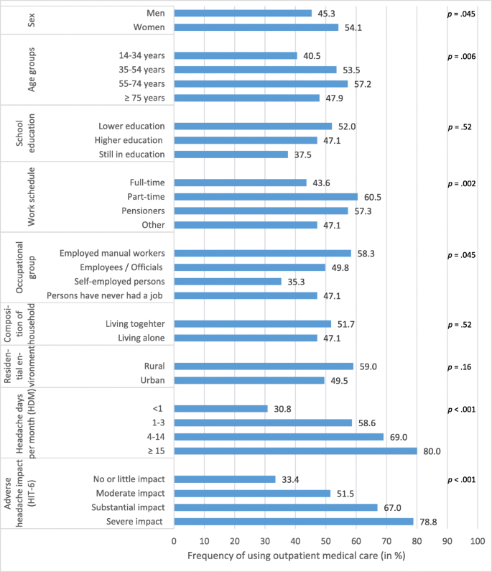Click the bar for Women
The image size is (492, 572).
tap(256, 27)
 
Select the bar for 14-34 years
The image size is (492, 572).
tap(235, 55)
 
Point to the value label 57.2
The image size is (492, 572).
tap(361, 83)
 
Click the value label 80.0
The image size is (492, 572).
tap(431, 451)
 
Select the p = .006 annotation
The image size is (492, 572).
tap(460, 55)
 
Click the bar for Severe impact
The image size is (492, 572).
tap(293, 521)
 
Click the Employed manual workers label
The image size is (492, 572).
tap(113, 253)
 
